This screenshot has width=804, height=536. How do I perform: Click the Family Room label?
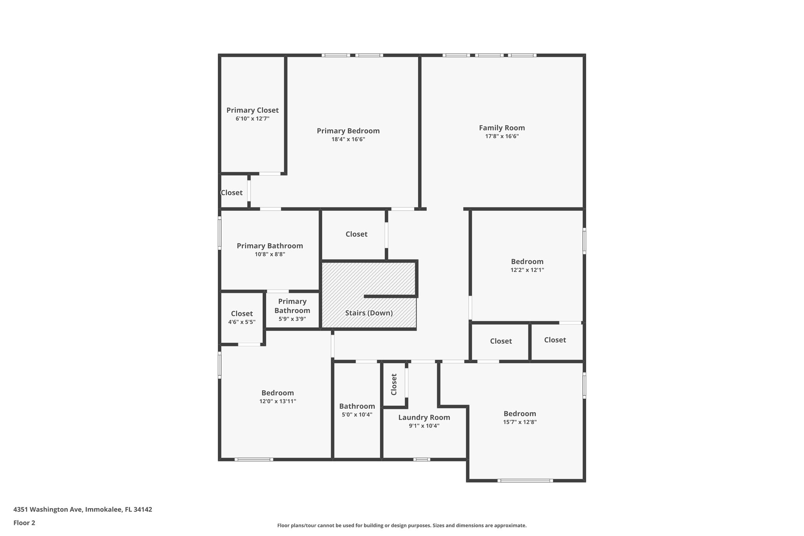coord(502,128)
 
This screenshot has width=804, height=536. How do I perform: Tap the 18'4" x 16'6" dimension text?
coord(348,139)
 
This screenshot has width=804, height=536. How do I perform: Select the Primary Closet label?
coord(252,110)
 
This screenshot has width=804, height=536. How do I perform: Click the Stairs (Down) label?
coord(369,313)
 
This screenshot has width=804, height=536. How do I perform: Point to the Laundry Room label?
coord(424,417)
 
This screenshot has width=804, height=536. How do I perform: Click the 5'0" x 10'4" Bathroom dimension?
coord(357,415)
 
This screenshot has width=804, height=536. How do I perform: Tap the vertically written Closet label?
coord(394,384)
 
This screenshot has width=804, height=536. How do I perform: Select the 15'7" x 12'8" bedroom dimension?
coord(520,422)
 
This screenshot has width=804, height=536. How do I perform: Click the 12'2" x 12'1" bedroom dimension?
coord(527,270)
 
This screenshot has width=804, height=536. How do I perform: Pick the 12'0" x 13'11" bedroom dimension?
coord(278,401)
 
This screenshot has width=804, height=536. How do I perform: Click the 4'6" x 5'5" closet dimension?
coord(242,322)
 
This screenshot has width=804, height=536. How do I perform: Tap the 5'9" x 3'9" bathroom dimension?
coord(292,319)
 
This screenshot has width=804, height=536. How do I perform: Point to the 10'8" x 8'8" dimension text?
coord(270,254)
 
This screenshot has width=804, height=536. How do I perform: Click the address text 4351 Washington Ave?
coord(82,510)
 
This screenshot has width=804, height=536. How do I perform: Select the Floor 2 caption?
coord(24,523)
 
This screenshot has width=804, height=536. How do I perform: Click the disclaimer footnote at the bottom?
coord(402,525)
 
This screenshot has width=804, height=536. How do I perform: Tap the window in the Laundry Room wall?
coord(421,459)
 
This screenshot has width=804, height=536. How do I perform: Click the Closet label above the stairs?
coord(356,234)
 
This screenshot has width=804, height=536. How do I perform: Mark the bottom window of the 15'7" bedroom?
coord(525,480)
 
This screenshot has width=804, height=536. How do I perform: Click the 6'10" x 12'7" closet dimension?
coord(252,119)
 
